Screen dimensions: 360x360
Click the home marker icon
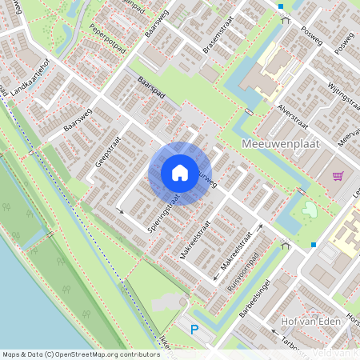[179, 173]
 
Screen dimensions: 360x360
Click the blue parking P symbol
[193, 328]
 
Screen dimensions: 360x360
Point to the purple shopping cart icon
[338, 175]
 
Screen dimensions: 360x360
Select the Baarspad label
[151, 88]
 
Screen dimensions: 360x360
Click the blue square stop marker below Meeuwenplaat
[314, 245]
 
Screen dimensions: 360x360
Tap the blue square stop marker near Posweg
[281, 6]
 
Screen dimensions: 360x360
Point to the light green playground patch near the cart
[309, 210]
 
